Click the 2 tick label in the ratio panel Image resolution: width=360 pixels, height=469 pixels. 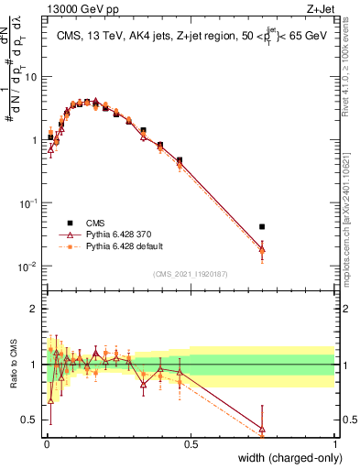[x=35, y=309]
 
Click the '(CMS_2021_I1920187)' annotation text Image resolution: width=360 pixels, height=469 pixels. [x=190, y=274]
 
